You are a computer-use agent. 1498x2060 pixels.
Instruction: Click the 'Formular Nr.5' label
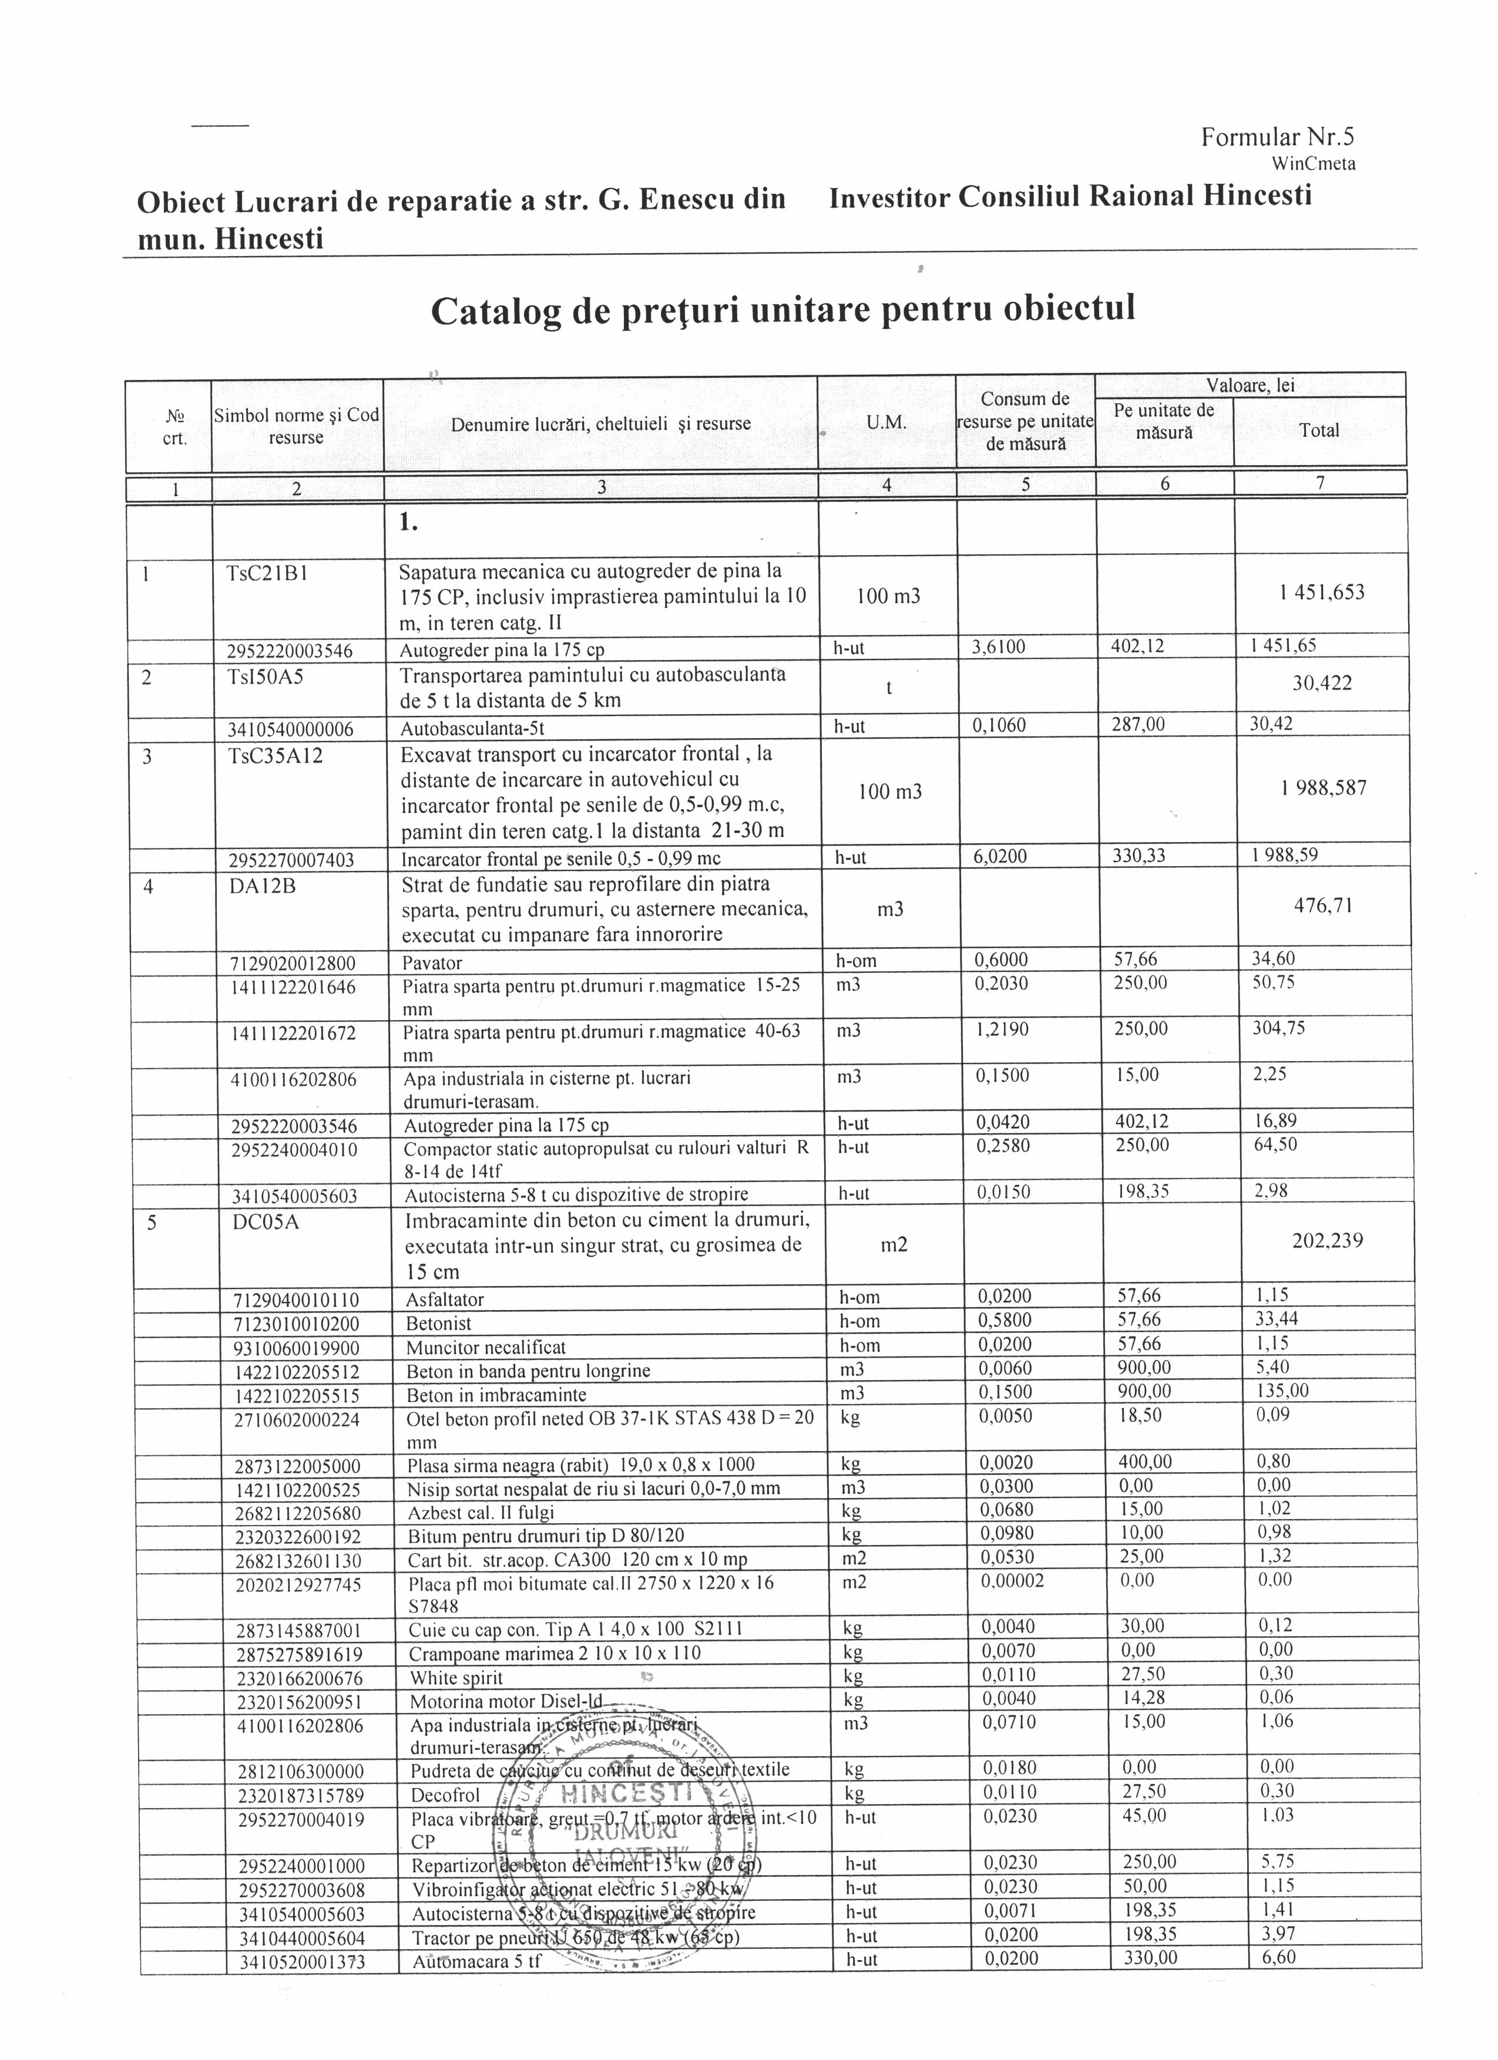click(1277, 137)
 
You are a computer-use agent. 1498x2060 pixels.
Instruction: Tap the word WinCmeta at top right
click(1313, 164)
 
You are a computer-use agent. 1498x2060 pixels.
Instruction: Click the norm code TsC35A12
click(276, 755)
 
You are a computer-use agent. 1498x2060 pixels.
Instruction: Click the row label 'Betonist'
click(439, 1324)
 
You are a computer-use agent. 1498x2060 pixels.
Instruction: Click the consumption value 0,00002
click(1012, 1580)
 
